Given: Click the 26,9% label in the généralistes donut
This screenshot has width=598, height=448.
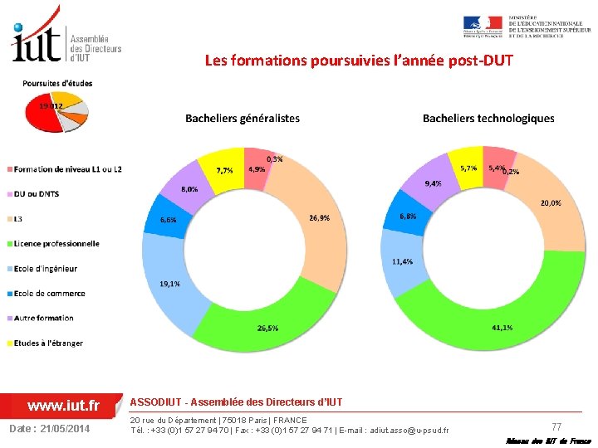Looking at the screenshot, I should coord(319,218).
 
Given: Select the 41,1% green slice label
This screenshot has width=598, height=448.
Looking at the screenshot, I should coord(502,328).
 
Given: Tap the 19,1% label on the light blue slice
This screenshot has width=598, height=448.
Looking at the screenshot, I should coord(169,284).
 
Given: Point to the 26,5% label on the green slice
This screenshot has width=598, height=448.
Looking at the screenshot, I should coord(267,329).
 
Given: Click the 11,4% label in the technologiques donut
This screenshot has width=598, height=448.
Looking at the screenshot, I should coord(403,261).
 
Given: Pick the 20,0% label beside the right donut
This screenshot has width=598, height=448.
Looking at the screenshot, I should coord(551,202).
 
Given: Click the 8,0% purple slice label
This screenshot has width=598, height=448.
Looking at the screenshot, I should coord(189,189).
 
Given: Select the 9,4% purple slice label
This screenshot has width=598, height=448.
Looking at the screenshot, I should coord(434,183).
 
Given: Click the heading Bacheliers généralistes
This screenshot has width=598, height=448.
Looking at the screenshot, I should coord(243,119).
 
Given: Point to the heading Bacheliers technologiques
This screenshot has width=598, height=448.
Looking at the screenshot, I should coord(488,119).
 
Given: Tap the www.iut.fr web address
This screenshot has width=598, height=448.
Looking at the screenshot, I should coord(63,406).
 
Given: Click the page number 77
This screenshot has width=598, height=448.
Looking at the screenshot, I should coord(556,426).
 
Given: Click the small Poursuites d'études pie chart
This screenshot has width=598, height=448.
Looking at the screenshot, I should coord(56,114).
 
